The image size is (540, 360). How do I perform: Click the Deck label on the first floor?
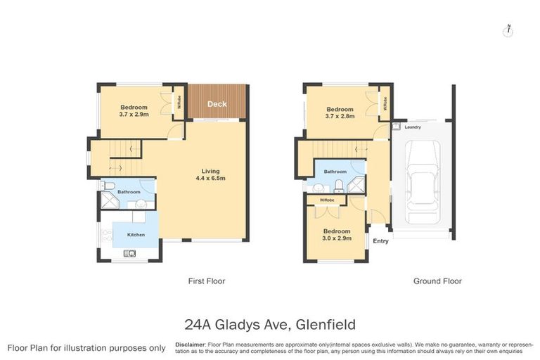pos(217,104)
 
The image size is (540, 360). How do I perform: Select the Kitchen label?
pos(136,234)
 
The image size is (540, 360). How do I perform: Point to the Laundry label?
pos(412,127)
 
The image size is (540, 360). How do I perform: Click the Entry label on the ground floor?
pos(380,241)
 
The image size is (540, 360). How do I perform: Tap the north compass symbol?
pos(508,30)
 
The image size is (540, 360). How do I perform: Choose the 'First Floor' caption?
pos(206,281)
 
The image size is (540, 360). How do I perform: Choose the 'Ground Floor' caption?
pos(437,281)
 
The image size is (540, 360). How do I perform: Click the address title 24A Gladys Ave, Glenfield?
pos(270,324)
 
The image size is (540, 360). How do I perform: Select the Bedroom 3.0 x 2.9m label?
pos(337,234)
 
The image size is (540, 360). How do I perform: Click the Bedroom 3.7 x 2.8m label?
pos(340,112)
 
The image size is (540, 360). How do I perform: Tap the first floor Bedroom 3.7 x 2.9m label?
pos(133,110)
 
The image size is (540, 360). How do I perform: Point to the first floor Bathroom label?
pos(129,192)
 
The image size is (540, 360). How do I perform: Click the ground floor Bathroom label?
pos(335,172)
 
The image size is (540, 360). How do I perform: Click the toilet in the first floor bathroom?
pos(105,186)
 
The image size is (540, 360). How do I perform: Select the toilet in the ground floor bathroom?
pos(340,186)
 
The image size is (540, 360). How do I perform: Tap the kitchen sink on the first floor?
pos(129,254)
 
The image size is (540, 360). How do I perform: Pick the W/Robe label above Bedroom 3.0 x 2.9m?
pos(327,200)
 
